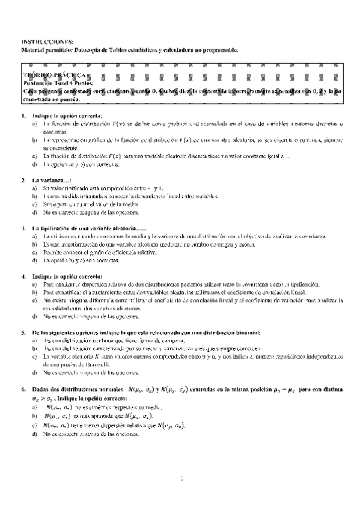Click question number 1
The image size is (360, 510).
coord(22,115)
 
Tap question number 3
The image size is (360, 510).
coord(22,229)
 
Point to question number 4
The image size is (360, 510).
coord(22,276)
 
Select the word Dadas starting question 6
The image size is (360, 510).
coord(40,389)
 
